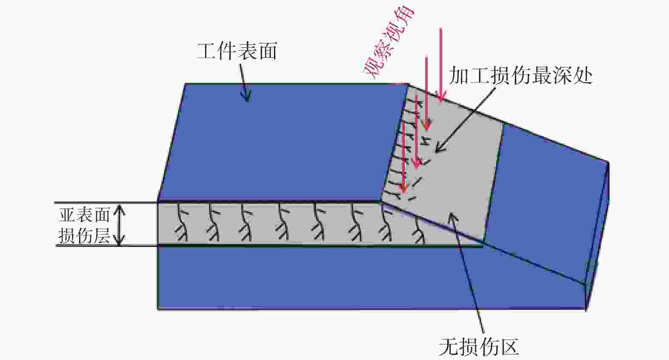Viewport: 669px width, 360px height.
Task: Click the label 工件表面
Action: click(x=237, y=51)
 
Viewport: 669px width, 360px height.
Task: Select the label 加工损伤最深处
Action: click(x=520, y=75)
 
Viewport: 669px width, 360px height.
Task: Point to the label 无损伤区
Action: click(x=478, y=346)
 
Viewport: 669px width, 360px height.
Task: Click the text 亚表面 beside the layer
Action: click(x=84, y=215)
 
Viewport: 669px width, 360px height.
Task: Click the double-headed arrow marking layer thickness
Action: click(x=120, y=225)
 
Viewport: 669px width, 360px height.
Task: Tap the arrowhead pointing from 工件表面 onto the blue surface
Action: click(x=246, y=96)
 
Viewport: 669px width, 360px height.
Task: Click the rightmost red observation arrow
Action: click(x=441, y=64)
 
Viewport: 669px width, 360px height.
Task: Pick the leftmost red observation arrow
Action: click(x=404, y=158)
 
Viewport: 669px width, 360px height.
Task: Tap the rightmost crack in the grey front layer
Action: click(x=419, y=230)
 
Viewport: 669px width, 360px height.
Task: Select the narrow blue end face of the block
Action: click(x=597, y=236)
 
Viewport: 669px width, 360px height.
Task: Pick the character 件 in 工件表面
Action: click(x=227, y=51)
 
